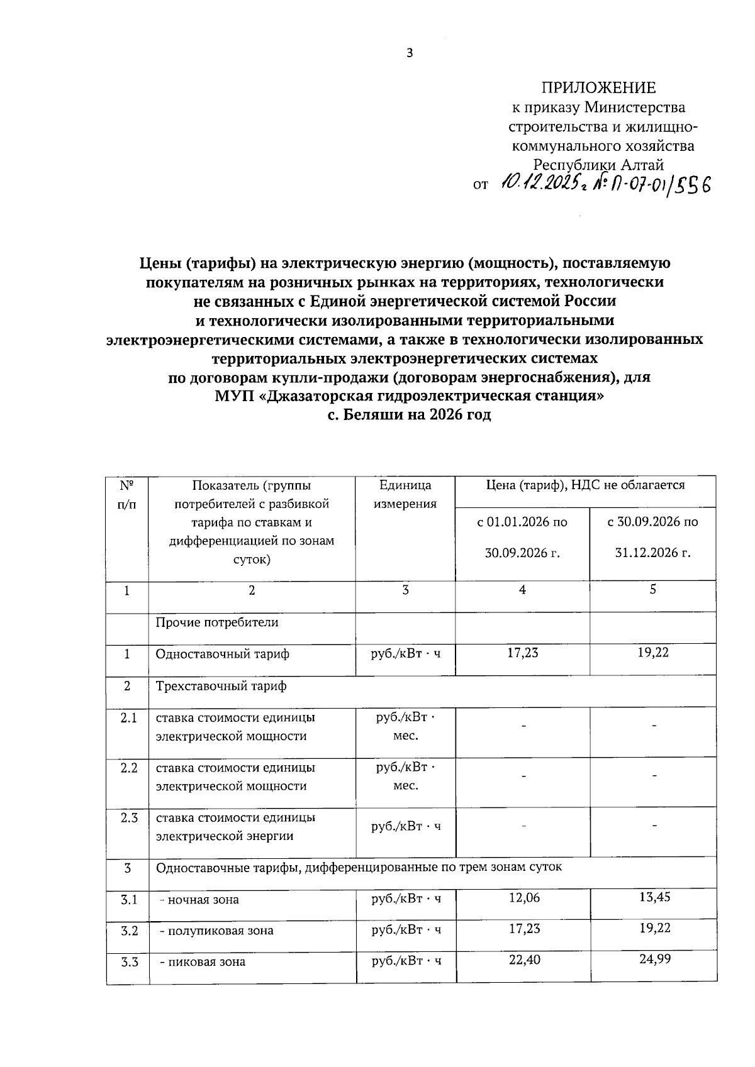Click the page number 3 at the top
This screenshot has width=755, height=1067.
coord(409,53)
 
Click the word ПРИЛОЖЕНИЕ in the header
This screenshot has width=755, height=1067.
coord(599,88)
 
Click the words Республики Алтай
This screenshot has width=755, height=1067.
coord(599,165)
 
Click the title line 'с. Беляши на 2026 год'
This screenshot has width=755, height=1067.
coord(409,416)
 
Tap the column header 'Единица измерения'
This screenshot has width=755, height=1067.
coord(405,494)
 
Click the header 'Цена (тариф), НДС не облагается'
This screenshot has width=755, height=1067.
coord(585,485)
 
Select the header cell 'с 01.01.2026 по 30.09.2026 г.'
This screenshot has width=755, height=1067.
coord(522,537)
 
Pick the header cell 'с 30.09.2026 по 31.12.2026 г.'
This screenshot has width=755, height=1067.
coord(652,537)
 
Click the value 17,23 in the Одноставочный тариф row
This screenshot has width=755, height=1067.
coord(523,653)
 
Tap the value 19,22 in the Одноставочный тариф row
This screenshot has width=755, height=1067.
coord(653,653)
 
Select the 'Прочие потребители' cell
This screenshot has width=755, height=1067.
coord(217,622)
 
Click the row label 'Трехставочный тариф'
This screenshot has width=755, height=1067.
coord(221,686)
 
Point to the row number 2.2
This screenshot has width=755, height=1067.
coord(128,768)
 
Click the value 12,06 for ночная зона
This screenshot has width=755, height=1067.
coord(524,898)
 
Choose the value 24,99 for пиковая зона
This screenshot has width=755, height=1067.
coord(654,960)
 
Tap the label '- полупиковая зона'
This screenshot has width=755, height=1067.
coord(216,931)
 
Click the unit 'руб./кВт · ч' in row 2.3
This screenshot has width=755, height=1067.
coord(406,826)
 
